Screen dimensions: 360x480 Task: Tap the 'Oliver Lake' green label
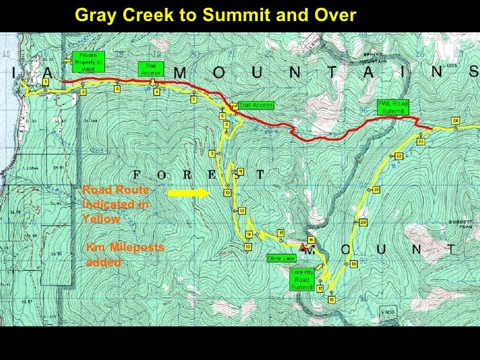(x=281, y=258)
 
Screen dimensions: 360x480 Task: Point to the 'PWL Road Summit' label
(x=393, y=107)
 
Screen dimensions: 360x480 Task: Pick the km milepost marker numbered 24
(x=456, y=120)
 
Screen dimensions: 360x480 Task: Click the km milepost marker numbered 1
(x=45, y=82)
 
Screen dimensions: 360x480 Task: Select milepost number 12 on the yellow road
(x=242, y=211)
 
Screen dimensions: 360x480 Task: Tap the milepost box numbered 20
(x=363, y=222)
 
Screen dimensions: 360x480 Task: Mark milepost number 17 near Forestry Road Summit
(x=320, y=289)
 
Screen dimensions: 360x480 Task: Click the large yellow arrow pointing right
(x=187, y=194)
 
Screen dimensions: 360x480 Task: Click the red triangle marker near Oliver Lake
(x=303, y=247)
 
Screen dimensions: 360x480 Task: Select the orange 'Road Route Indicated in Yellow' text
(x=116, y=204)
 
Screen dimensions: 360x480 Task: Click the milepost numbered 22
(x=399, y=156)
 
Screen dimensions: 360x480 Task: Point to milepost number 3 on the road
(x=117, y=88)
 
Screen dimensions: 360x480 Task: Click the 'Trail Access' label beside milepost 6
(x=255, y=105)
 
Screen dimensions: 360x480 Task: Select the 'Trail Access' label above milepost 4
(x=146, y=69)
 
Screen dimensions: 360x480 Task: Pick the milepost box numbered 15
(x=281, y=233)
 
